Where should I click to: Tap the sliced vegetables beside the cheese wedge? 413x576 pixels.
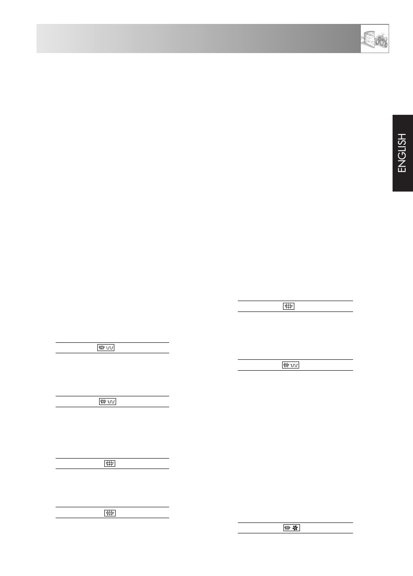pos(382,40)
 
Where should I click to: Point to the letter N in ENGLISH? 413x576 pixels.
pos(402,162)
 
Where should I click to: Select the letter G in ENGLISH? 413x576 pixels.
pos(402,153)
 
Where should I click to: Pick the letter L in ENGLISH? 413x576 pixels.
pos(402,146)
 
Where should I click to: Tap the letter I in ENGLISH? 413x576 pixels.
pos(402,142)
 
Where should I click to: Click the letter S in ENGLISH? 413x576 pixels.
pos(402,138)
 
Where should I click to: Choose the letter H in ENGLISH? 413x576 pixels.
pos(402,131)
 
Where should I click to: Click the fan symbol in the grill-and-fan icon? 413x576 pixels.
pos(295,528)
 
